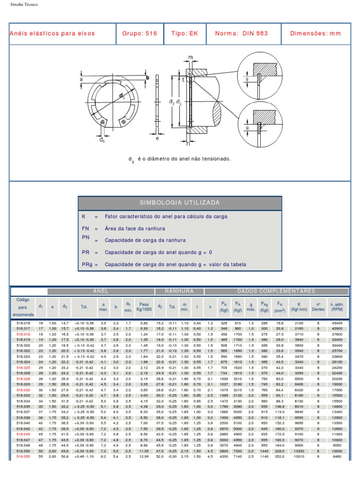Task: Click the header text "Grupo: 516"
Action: (139, 34)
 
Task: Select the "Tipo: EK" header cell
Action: (185, 34)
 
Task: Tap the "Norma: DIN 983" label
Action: (241, 34)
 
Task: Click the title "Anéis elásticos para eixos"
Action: (52, 34)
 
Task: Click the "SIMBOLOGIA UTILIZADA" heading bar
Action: (180, 203)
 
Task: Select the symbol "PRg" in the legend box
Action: (88, 264)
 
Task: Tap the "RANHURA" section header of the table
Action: (179, 292)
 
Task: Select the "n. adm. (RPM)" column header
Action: (337, 307)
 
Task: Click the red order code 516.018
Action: (23, 334)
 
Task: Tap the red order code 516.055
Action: (23, 456)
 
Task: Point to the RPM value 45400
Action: (337, 323)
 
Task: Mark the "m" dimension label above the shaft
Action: (190, 57)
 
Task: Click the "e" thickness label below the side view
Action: (157, 138)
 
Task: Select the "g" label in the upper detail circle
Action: (247, 80)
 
